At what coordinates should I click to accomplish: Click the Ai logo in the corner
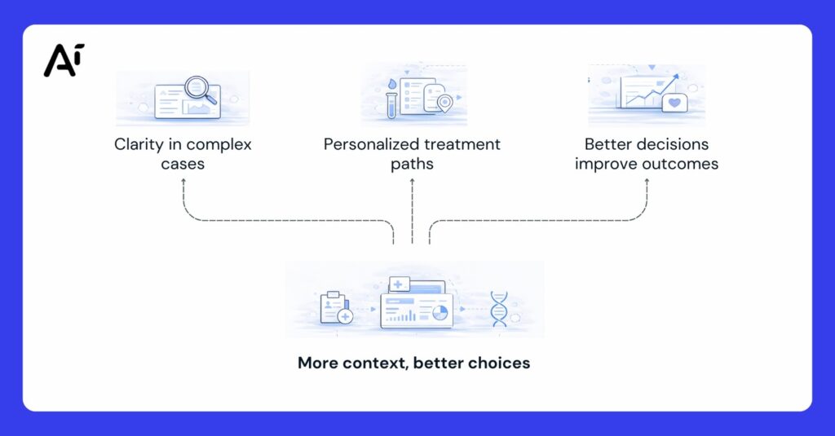click(x=64, y=60)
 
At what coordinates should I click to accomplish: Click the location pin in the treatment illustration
click(x=444, y=103)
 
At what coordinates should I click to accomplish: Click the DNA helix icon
click(x=498, y=310)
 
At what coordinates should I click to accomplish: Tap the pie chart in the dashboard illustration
click(x=440, y=313)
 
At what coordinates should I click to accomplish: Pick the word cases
click(x=183, y=164)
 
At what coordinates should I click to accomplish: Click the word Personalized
click(x=373, y=145)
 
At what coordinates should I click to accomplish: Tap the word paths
click(x=412, y=164)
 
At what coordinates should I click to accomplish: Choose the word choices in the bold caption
click(x=497, y=363)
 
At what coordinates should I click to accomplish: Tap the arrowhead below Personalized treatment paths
click(x=412, y=180)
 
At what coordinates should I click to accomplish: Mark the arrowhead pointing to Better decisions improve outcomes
click(x=647, y=180)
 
